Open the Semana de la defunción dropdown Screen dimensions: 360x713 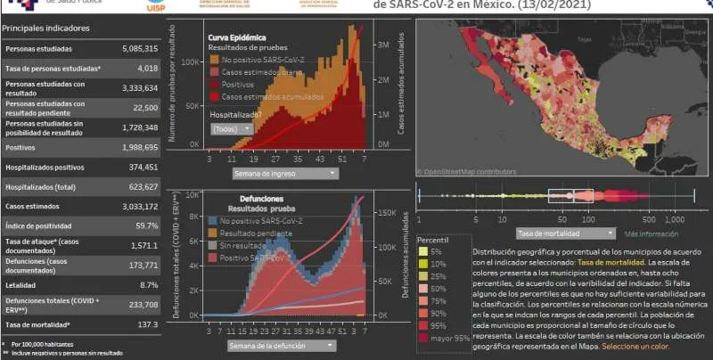[x=281, y=345]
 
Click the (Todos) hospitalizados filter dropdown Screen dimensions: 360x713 [x=232, y=128]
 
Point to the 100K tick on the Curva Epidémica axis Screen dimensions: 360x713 [x=190, y=62]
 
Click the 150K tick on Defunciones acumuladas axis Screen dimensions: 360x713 [x=382, y=213]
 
